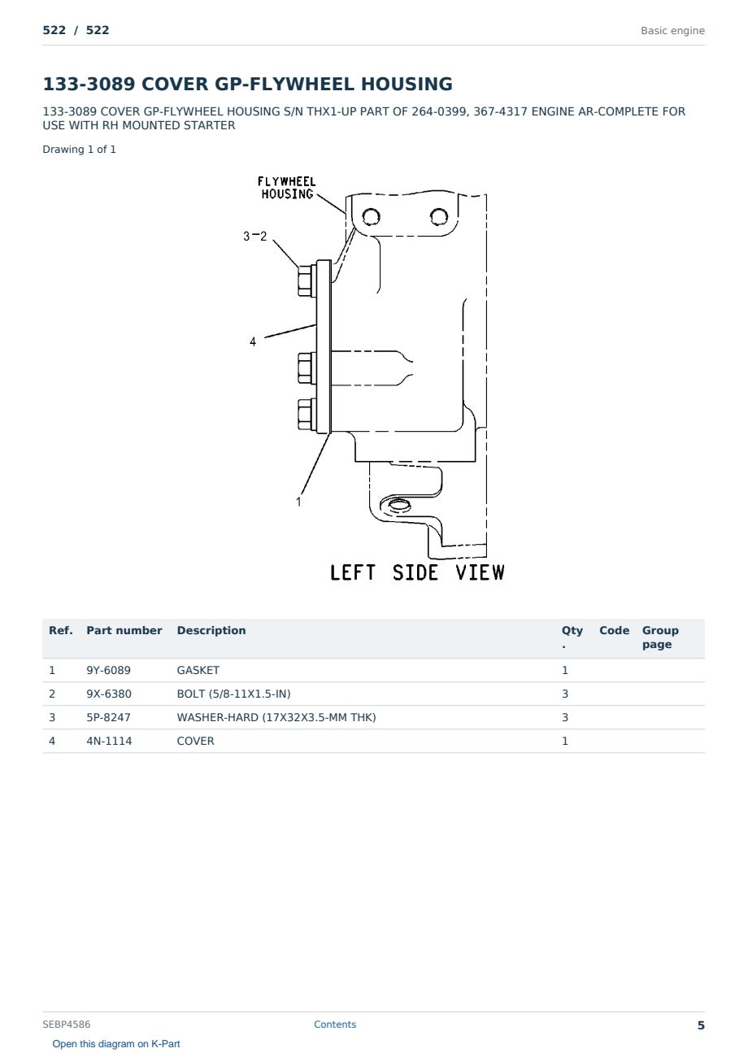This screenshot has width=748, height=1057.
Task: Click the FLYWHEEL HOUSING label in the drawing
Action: [286, 188]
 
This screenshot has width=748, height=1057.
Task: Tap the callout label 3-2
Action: [254, 236]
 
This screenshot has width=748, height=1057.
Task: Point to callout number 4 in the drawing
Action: [253, 341]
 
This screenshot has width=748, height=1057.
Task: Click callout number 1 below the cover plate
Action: [298, 502]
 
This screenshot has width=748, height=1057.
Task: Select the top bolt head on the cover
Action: [307, 281]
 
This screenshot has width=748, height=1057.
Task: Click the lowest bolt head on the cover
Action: [307, 415]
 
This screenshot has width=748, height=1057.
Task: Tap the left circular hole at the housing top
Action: [371, 217]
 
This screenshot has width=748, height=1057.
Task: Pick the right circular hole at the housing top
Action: [439, 217]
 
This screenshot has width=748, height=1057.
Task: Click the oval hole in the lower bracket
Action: [398, 506]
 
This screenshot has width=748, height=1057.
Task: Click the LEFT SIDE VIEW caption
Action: [417, 572]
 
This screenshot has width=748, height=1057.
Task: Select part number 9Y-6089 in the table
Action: [109, 670]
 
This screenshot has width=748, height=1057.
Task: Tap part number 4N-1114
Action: [109, 741]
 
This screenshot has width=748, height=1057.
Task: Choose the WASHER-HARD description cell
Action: [276, 717]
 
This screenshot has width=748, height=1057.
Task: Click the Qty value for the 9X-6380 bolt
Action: [565, 694]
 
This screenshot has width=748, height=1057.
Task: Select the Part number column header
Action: [124, 630]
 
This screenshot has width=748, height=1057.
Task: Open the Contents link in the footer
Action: [335, 1024]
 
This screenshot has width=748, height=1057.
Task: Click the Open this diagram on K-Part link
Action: [116, 1044]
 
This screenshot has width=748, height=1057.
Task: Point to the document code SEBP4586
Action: [67, 1024]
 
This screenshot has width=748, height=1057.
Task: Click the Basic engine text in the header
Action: [672, 31]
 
